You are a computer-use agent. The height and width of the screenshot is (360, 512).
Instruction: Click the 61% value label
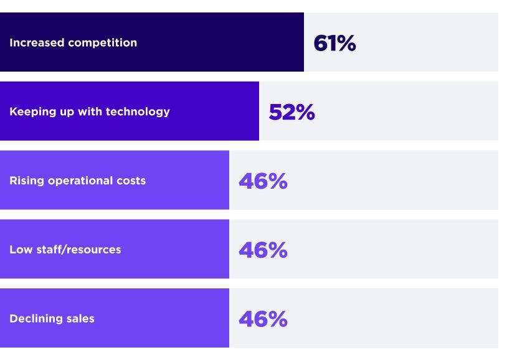(334, 43)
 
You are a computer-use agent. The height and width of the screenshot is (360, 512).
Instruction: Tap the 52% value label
(292, 112)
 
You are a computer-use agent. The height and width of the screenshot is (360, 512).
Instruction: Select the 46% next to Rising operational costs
(263, 181)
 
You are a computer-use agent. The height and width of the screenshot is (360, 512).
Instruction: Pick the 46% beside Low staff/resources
(263, 250)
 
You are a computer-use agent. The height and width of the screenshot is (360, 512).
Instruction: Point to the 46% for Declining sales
(263, 319)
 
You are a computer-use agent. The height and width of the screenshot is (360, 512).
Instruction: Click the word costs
(130, 181)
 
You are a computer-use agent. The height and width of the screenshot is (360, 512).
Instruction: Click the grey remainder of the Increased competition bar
(430, 43)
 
